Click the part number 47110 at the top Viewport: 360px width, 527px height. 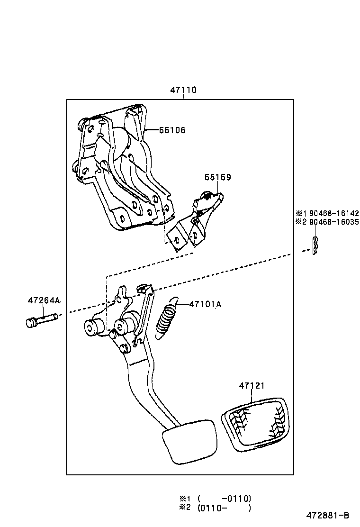[x=183, y=90]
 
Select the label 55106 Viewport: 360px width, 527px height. [x=172, y=130]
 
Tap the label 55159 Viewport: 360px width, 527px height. [x=218, y=177]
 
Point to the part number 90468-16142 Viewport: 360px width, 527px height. [x=331, y=214]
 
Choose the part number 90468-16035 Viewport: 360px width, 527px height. [x=331, y=222]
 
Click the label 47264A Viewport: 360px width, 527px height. [x=44, y=300]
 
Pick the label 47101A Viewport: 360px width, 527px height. [x=205, y=304]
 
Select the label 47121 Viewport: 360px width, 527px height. [x=252, y=386]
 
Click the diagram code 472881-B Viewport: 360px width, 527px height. [x=327, y=515]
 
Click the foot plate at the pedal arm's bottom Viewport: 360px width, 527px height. [x=189, y=441]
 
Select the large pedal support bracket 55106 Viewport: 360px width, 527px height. [x=121, y=166]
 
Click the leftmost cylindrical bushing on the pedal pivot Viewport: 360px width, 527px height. [x=92, y=327]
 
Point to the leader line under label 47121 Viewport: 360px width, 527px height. [x=252, y=397]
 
